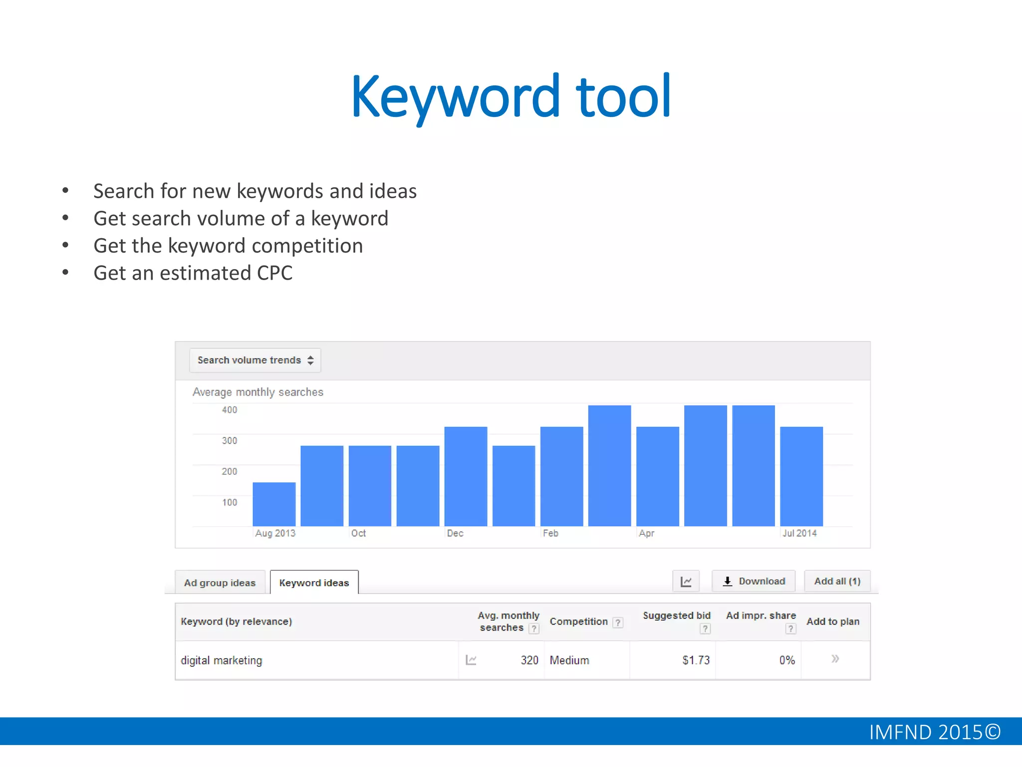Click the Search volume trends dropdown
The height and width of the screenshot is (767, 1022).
click(x=255, y=360)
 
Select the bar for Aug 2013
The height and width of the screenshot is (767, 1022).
click(x=274, y=504)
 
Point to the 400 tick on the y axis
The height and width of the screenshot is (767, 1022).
click(x=230, y=410)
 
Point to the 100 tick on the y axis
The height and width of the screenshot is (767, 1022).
click(x=230, y=502)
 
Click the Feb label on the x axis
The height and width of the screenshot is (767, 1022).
click(x=550, y=533)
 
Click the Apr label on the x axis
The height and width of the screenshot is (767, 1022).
click(x=646, y=533)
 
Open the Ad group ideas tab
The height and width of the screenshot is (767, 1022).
click(x=220, y=583)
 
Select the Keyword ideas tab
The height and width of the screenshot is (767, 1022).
click(x=314, y=583)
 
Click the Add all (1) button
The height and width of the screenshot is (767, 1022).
click(x=837, y=581)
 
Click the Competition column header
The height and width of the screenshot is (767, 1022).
click(x=579, y=622)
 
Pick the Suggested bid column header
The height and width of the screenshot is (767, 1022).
click(x=676, y=616)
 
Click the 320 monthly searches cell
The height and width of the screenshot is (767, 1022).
click(x=529, y=660)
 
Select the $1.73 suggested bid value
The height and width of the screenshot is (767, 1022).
click(x=696, y=660)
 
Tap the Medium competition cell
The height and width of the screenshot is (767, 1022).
click(x=569, y=660)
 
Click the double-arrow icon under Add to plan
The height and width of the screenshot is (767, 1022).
click(x=835, y=659)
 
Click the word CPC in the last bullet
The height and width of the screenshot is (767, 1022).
click(x=274, y=273)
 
